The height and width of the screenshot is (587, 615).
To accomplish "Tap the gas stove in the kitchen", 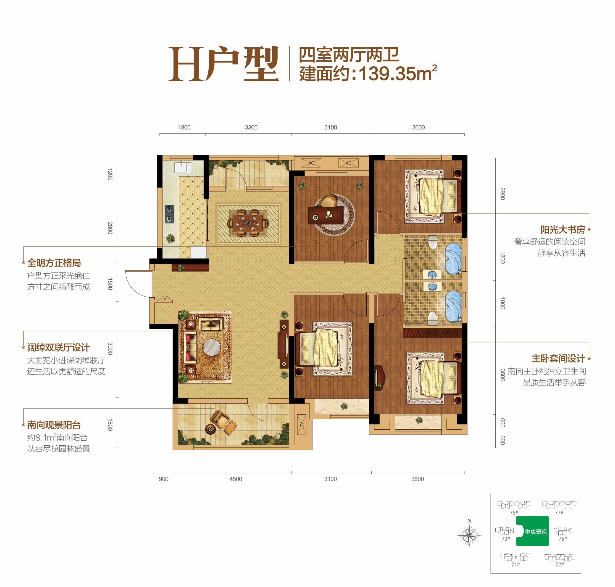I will pyautogui.click(x=170, y=214).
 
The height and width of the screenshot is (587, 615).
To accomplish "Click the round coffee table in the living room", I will pyautogui.click(x=212, y=347).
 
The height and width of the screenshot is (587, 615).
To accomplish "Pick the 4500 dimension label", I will pyautogui.click(x=236, y=479).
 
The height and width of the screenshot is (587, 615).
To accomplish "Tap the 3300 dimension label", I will pyautogui.click(x=251, y=127).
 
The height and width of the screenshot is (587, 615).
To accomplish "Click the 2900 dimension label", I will pyautogui.click(x=502, y=194).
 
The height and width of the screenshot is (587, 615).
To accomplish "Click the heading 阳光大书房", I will pyautogui.click(x=563, y=230).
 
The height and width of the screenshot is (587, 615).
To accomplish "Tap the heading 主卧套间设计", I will pyautogui.click(x=558, y=358).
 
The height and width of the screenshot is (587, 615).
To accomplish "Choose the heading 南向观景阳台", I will pyautogui.click(x=54, y=425).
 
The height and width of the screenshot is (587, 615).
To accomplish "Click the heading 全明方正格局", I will pyautogui.click(x=54, y=263).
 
